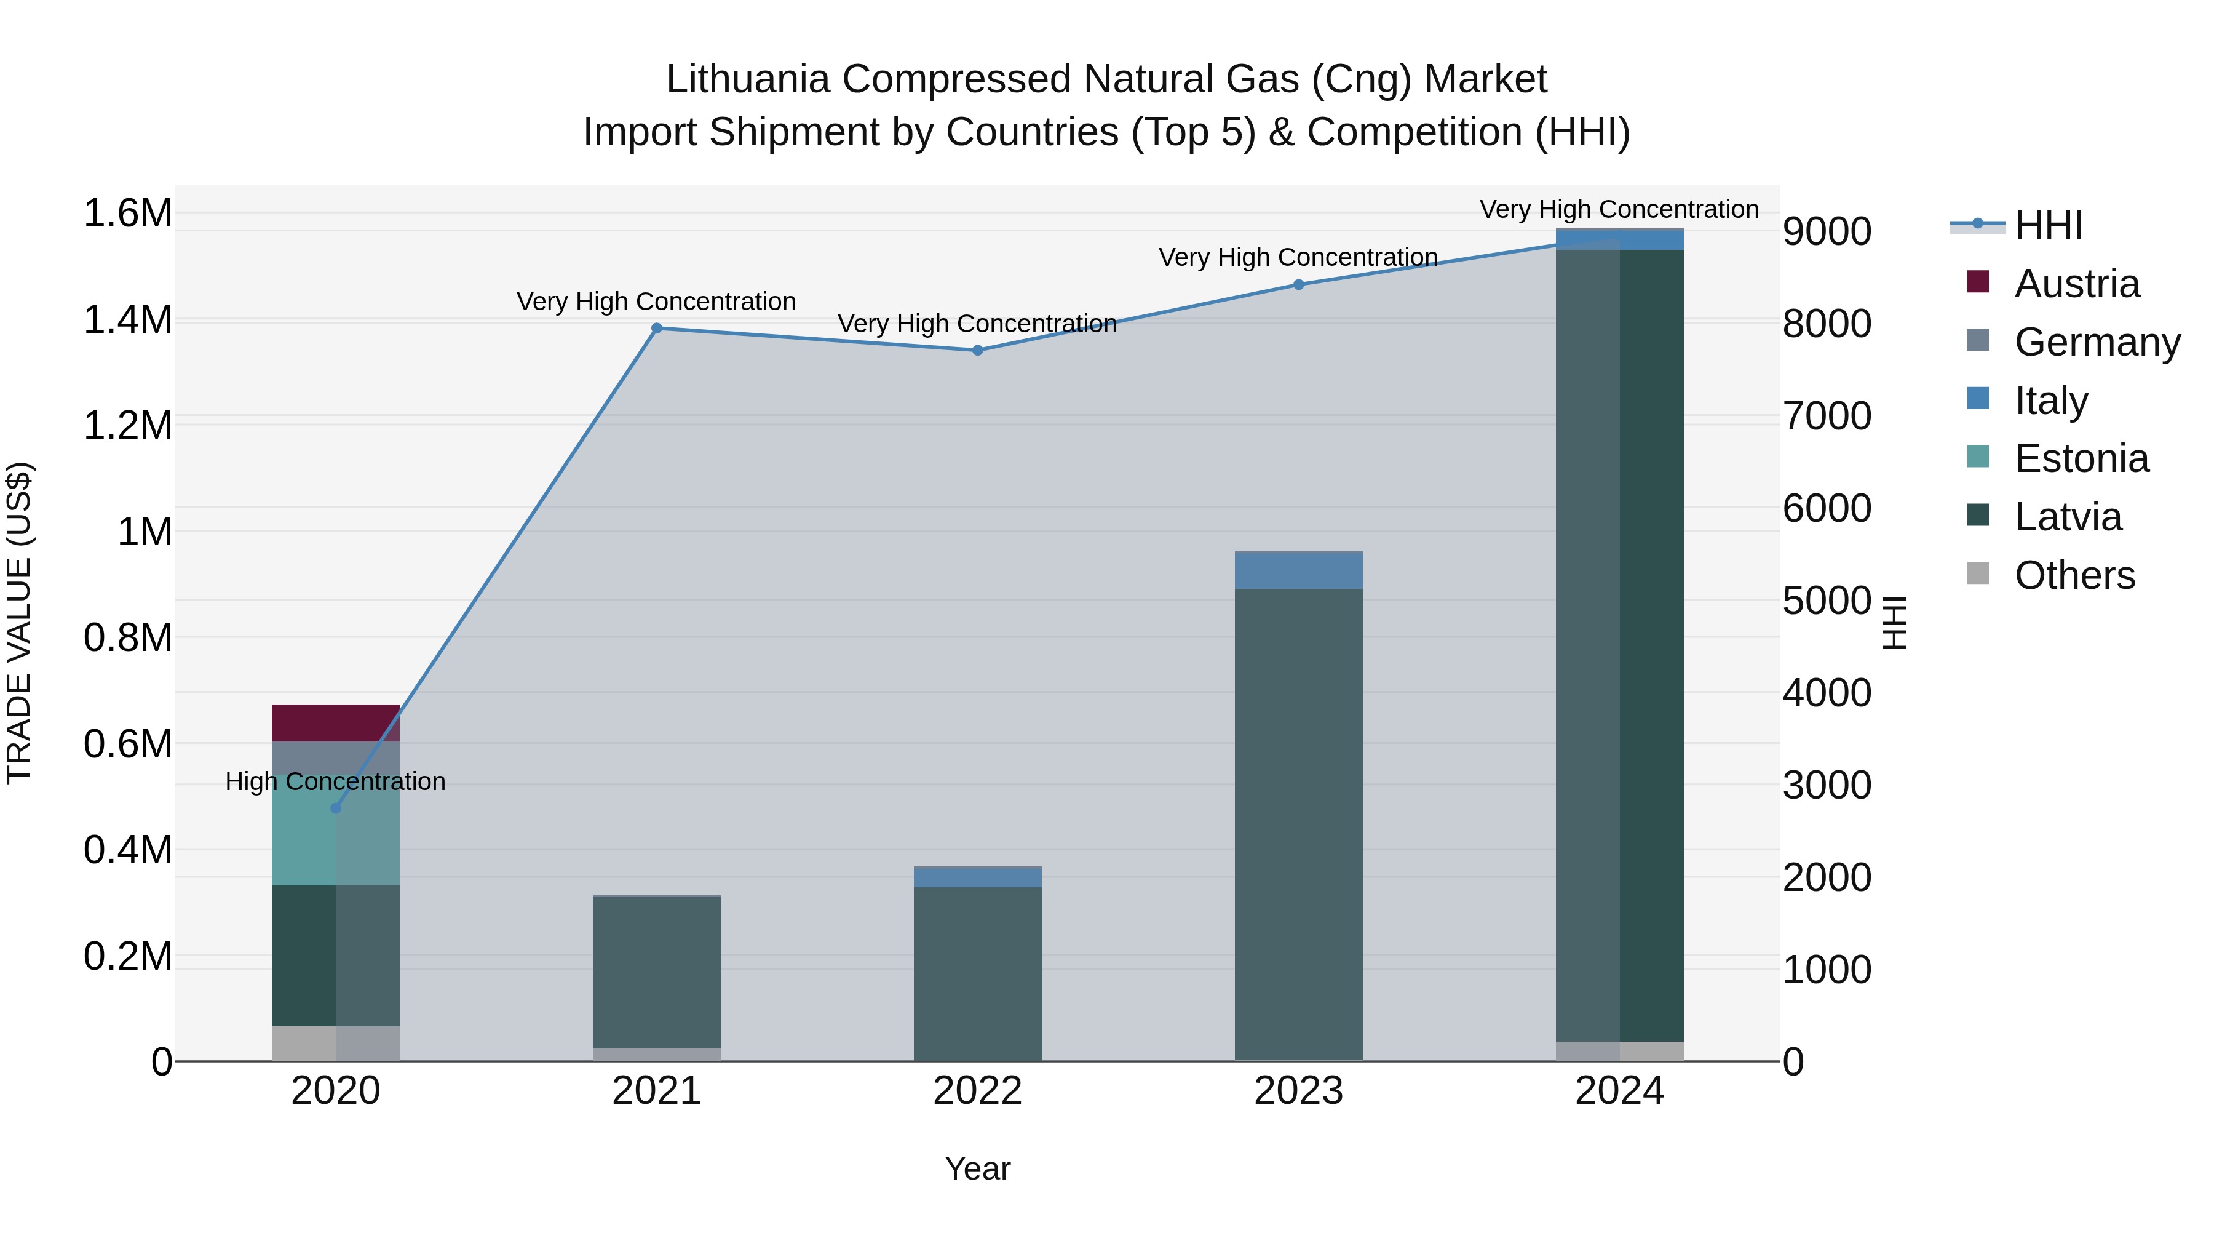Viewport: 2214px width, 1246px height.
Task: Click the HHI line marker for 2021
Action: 657,327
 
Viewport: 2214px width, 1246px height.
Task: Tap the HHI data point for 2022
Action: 977,350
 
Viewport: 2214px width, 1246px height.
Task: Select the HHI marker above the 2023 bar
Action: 1299,285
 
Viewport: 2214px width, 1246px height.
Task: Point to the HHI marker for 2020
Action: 336,809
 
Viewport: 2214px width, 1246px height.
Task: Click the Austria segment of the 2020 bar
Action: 335,722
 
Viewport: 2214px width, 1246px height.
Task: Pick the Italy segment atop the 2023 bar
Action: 1299,569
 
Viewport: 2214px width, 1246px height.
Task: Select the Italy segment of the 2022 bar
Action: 977,876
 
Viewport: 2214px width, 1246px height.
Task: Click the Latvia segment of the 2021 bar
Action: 657,972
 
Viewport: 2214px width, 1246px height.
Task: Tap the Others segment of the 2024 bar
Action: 1619,1051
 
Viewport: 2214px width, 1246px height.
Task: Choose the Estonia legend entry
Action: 2081,458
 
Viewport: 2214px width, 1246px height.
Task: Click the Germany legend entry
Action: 2097,341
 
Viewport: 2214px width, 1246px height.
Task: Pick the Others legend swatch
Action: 1978,573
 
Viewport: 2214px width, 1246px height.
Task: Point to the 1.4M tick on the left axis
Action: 128,320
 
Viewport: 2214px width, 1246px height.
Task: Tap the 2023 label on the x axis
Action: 1299,1091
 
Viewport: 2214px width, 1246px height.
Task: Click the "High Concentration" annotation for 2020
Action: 335,781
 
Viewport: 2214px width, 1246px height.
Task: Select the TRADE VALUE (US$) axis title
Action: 19,623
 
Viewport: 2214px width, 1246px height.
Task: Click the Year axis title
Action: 977,1168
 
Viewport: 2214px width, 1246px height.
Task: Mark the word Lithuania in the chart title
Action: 748,79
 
